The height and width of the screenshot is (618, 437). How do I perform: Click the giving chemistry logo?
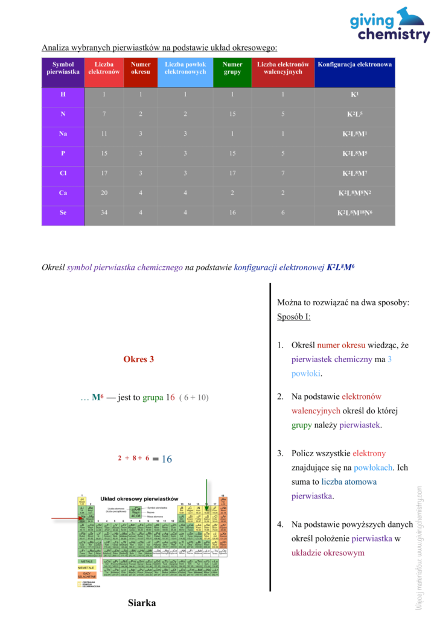click(389, 25)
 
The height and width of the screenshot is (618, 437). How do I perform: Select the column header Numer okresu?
click(141, 68)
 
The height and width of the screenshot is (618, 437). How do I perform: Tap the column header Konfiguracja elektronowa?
click(355, 65)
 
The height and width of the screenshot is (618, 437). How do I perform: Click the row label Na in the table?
click(63, 133)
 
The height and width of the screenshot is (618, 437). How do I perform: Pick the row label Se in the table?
click(63, 213)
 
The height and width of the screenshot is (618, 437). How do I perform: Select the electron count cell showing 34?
click(104, 213)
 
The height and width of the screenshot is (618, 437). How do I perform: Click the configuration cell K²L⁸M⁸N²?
click(355, 193)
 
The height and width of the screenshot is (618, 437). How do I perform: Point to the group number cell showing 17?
click(232, 173)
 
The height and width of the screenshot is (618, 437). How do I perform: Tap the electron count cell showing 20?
click(104, 193)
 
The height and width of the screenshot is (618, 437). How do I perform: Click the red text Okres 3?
click(138, 359)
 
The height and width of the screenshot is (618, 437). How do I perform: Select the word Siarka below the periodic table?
click(142, 602)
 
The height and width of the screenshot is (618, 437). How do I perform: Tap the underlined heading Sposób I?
click(294, 317)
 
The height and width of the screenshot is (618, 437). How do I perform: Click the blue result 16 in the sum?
click(166, 459)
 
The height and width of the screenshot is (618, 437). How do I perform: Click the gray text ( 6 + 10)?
click(194, 398)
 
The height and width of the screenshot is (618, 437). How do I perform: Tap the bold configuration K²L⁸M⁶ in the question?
click(340, 266)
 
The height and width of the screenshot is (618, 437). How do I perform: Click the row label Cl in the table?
click(63, 173)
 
